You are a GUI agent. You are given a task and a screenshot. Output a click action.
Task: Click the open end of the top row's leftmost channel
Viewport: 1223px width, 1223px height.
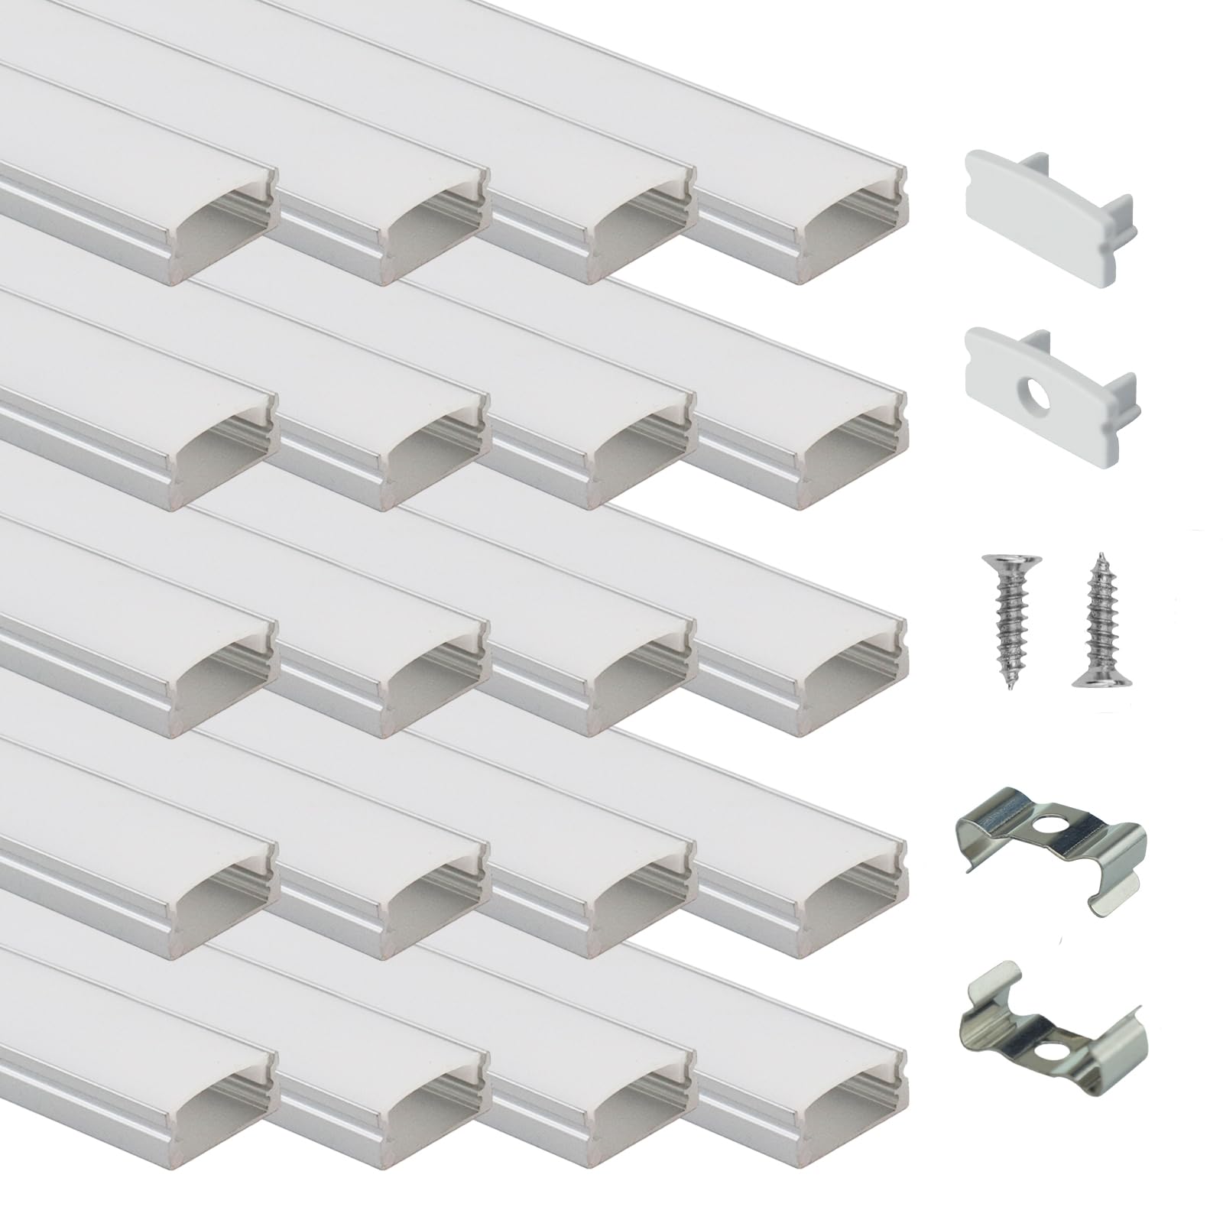(x=222, y=229)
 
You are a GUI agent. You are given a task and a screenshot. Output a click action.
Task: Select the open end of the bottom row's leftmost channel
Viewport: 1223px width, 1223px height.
(x=222, y=1131)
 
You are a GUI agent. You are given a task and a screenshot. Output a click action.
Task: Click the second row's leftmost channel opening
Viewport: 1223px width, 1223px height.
(x=222, y=455)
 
